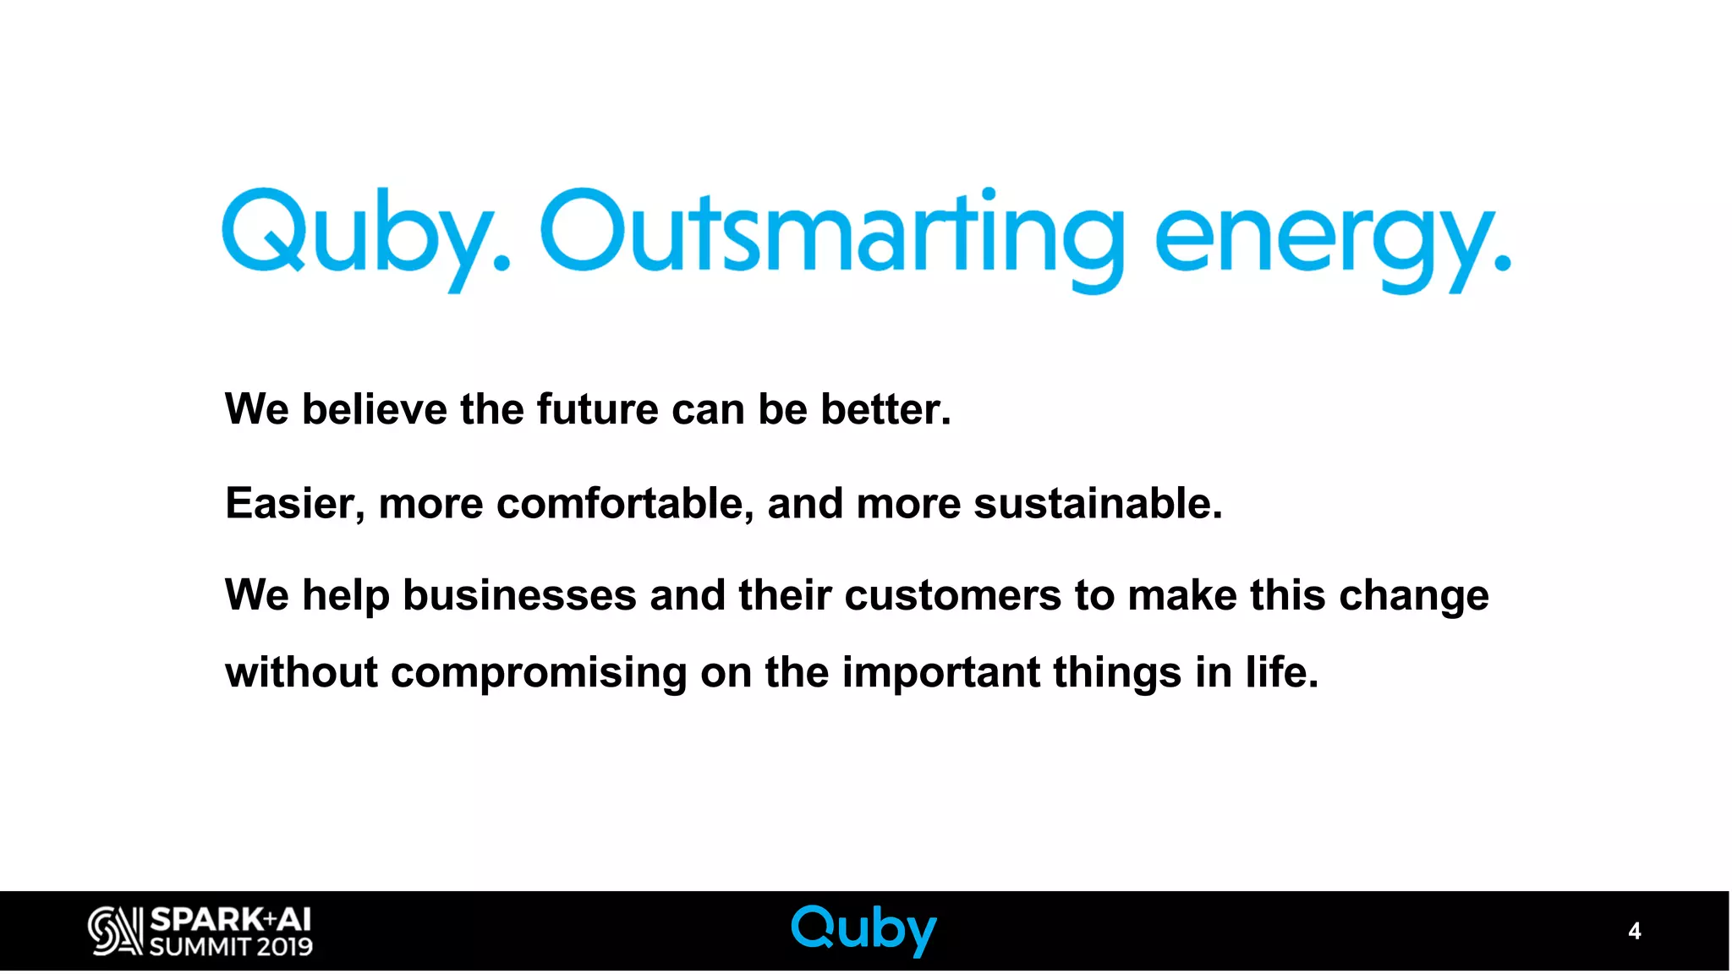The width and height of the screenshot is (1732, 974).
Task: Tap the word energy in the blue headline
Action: pos(1328,237)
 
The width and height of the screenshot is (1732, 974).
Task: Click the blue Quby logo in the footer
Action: pos(863,929)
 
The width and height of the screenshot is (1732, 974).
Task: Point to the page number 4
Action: pos(1634,931)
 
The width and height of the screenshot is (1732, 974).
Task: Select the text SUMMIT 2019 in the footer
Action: pos(231,946)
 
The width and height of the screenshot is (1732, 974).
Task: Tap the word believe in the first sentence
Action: pos(375,409)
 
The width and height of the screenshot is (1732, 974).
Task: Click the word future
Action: pos(597,409)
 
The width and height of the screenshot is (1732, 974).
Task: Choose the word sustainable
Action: pos(1097,504)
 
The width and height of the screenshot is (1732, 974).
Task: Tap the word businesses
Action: pos(519,595)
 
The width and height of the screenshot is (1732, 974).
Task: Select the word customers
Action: pos(952,595)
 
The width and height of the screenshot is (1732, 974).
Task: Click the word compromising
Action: pos(539,674)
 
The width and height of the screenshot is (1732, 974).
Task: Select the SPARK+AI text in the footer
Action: pos(231,919)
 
